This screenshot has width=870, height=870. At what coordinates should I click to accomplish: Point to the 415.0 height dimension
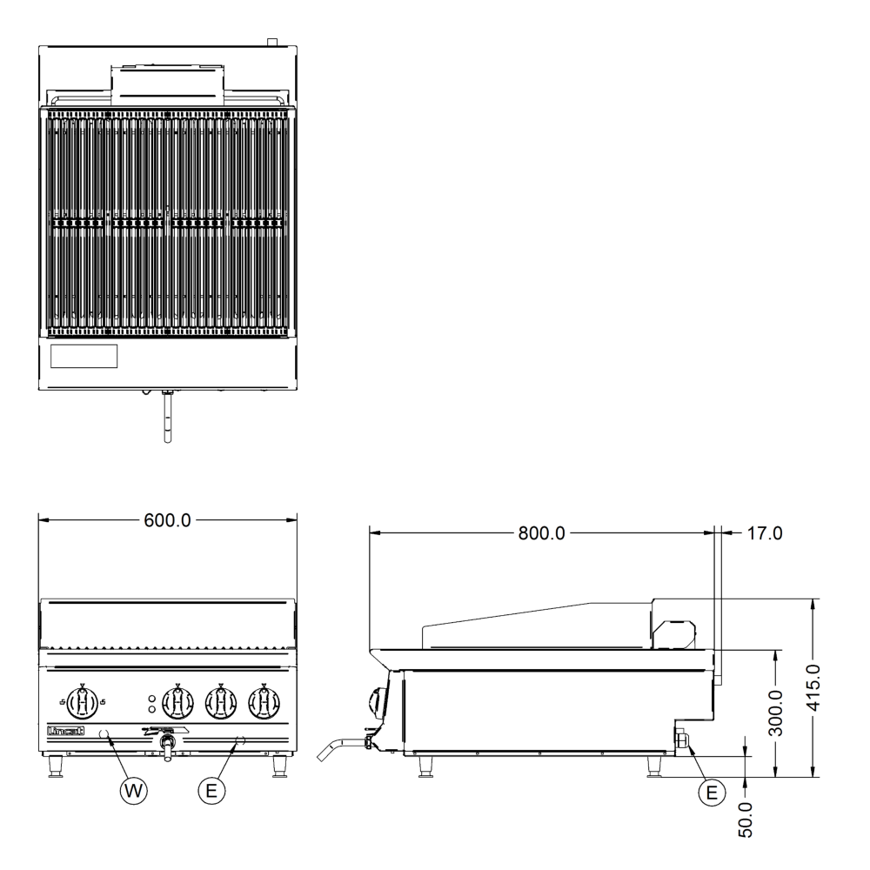click(813, 686)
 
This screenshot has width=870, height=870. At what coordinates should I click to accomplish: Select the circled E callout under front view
click(209, 789)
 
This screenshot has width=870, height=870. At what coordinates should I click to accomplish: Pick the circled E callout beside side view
click(712, 792)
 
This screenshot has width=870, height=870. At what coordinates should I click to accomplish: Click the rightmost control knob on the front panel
click(263, 701)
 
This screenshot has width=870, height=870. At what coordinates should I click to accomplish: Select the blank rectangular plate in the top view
click(84, 355)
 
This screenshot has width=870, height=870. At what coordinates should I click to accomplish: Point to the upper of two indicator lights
click(151, 698)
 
